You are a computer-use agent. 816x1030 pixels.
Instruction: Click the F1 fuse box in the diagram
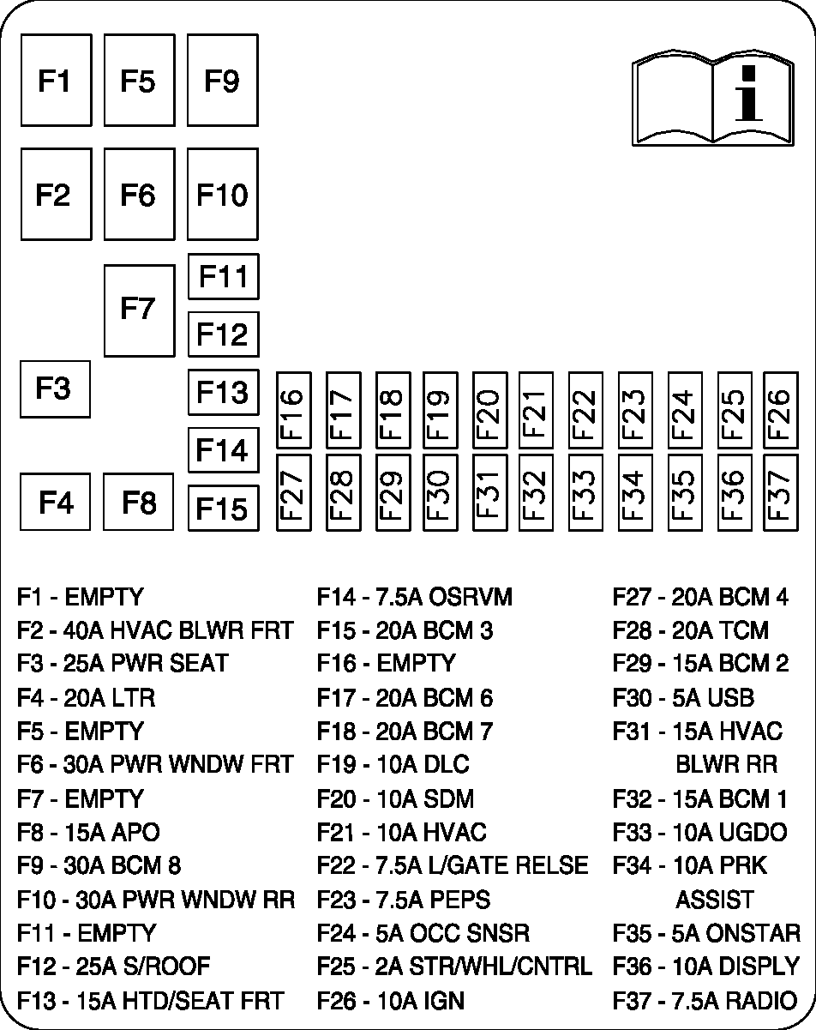pyautogui.click(x=55, y=81)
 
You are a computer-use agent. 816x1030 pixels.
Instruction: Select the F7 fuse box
pyautogui.click(x=138, y=310)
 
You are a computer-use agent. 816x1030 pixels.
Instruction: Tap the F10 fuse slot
pyautogui.click(x=222, y=196)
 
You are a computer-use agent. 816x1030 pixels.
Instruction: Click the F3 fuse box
pyautogui.click(x=54, y=389)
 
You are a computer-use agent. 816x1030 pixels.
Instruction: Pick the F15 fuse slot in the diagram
pyautogui.click(x=222, y=508)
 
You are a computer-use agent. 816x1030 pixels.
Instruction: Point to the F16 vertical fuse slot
pyautogui.click(x=292, y=410)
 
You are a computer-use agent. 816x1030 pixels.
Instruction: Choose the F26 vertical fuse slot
pyautogui.click(x=780, y=410)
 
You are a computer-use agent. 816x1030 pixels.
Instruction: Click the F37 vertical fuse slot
pyautogui.click(x=780, y=492)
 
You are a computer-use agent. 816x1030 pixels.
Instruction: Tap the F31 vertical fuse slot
pyautogui.click(x=487, y=492)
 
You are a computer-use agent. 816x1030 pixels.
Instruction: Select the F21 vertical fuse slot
pyautogui.click(x=535, y=410)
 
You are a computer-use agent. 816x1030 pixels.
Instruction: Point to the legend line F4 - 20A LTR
pyautogui.click(x=86, y=697)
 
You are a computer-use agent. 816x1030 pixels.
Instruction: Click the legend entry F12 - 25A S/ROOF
pyautogui.click(x=113, y=967)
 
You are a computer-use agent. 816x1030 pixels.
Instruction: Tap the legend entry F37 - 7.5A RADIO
pyautogui.click(x=704, y=1000)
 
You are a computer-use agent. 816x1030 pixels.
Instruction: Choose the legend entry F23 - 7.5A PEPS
pyautogui.click(x=403, y=900)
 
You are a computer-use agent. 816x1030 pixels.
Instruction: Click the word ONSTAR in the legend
pyautogui.click(x=754, y=933)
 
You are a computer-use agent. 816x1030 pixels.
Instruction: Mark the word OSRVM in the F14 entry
pyautogui.click(x=470, y=597)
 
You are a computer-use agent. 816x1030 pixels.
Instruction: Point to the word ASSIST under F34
pyautogui.click(x=714, y=900)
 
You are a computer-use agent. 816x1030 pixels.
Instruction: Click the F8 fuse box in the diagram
pyautogui.click(x=138, y=502)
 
